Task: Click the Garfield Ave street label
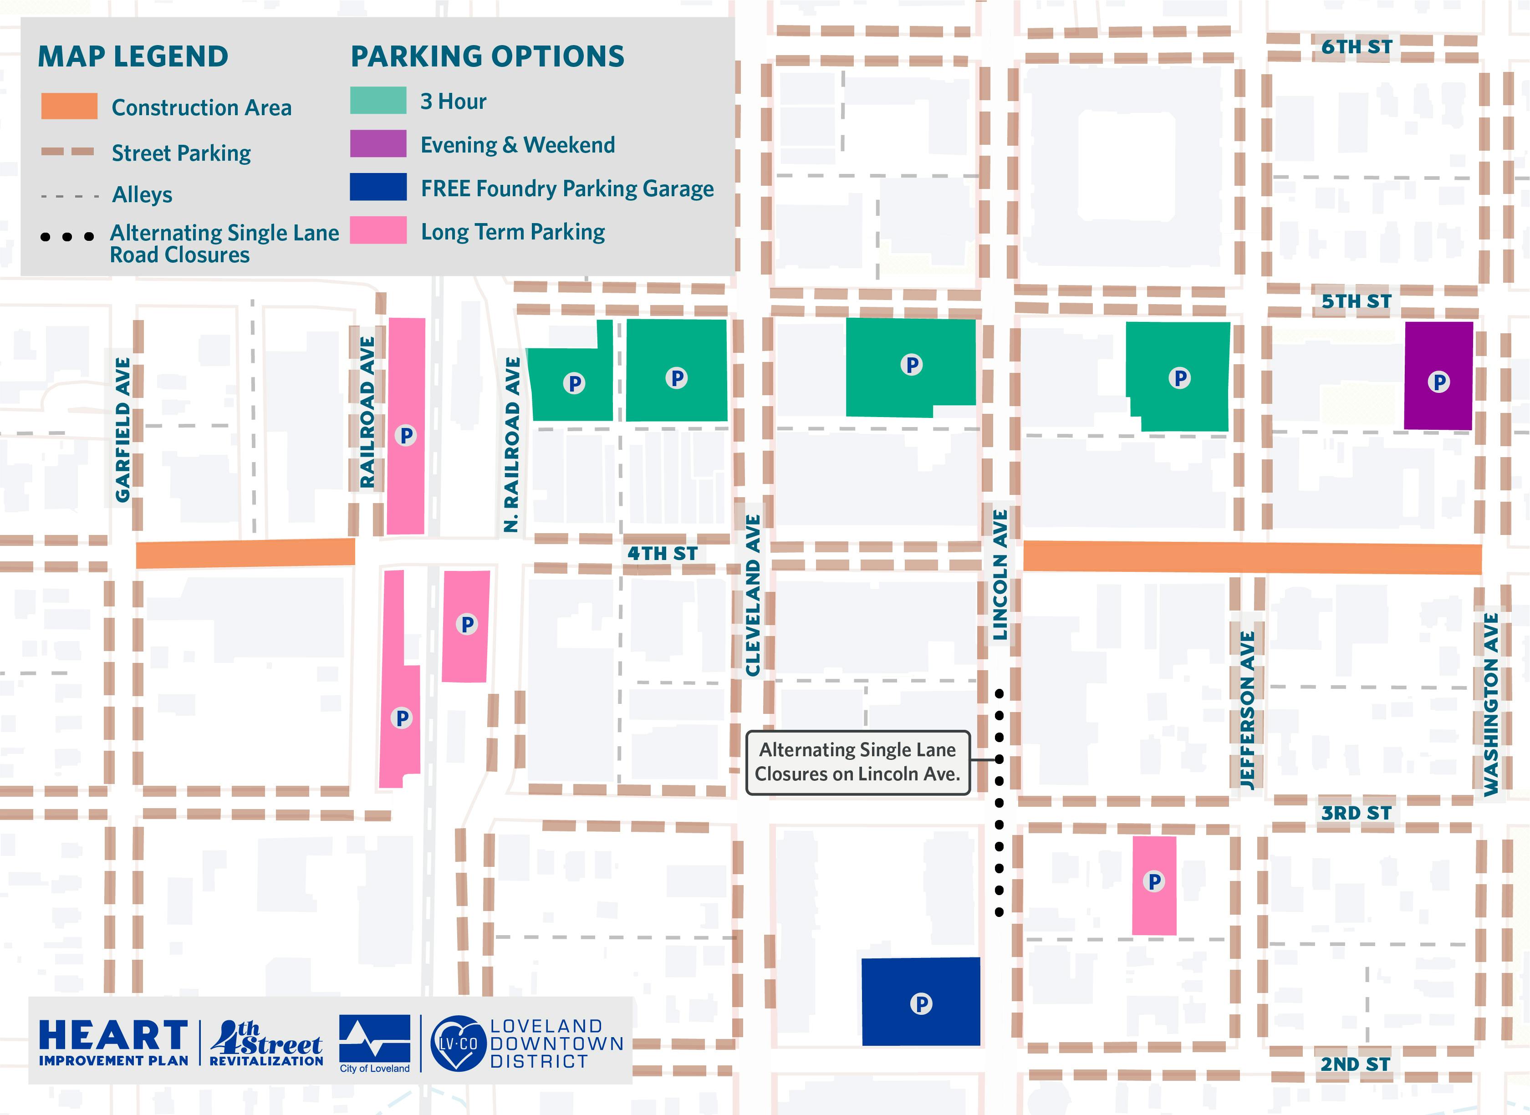click(x=122, y=430)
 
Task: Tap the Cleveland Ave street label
click(x=753, y=595)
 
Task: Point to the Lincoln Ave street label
click(x=1000, y=575)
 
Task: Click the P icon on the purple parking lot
click(x=1438, y=382)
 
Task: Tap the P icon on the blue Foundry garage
click(x=921, y=1003)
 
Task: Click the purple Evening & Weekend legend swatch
click(x=378, y=144)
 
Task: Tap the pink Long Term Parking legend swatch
click(x=378, y=230)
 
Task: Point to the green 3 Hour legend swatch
click(x=378, y=101)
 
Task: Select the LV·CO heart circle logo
click(x=458, y=1044)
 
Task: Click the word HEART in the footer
click(x=113, y=1035)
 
